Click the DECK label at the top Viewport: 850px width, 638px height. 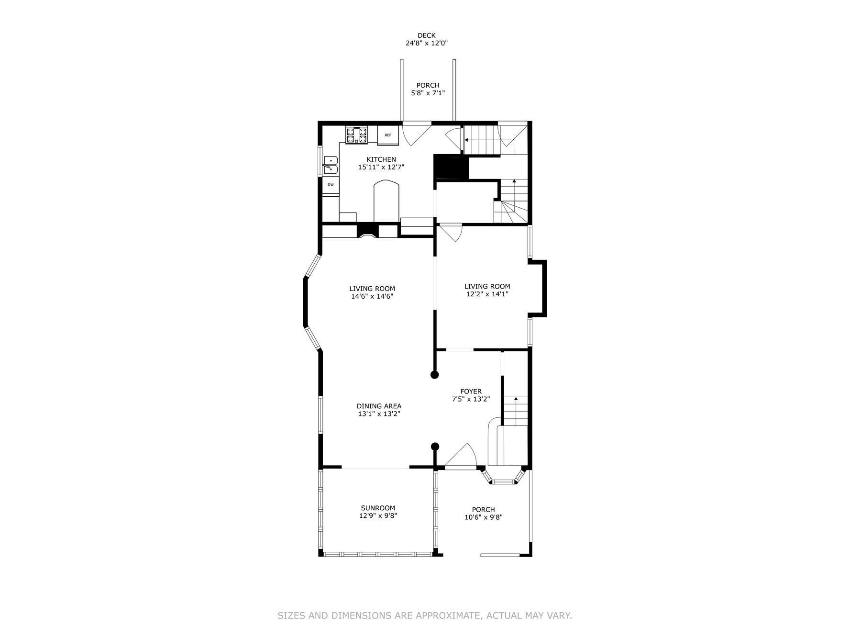(426, 35)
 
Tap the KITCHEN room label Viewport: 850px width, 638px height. (381, 159)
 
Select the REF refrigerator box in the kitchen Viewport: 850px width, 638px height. (387, 135)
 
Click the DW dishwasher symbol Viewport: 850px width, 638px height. (330, 184)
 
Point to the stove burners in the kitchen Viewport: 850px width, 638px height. (357, 134)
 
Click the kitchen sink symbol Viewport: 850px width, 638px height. (331, 165)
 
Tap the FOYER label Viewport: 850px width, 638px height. (471, 392)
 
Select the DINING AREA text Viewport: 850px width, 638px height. (379, 406)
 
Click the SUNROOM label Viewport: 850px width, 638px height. (378, 508)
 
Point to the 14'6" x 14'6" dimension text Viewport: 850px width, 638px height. (372, 296)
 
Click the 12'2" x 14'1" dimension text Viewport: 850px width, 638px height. (487, 294)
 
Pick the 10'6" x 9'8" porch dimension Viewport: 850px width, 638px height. (483, 517)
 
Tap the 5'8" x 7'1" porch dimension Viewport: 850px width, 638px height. (428, 93)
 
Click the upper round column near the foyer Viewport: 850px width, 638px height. (434, 375)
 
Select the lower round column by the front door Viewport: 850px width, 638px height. (435, 447)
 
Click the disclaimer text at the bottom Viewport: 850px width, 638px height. (425, 616)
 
